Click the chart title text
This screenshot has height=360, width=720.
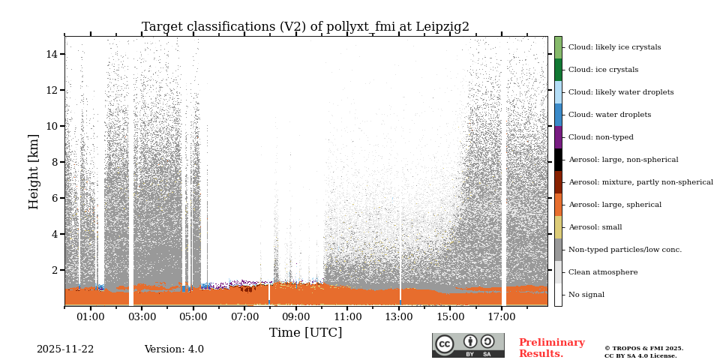pos(305,27)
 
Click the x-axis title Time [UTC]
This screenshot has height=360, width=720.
pos(305,332)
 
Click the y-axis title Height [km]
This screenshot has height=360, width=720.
pos(34,171)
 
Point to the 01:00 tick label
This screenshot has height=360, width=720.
pos(91,317)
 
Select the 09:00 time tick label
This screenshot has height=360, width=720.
pos(295,317)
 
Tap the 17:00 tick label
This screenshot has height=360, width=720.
pos(501,317)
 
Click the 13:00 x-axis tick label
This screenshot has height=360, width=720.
pos(398,317)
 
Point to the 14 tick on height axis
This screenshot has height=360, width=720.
pos(52,54)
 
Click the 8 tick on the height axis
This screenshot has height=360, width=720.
pos(55,162)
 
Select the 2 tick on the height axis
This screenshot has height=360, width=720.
pos(55,270)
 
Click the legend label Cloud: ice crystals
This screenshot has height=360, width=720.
pos(603,70)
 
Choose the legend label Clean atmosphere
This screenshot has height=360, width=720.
pos(603,272)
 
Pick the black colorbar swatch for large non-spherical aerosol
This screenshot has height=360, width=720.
pos(558,160)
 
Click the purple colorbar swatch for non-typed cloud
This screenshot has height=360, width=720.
pos(558,137)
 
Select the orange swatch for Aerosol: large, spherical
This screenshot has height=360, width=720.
pos(558,205)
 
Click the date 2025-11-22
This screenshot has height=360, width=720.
pos(65,349)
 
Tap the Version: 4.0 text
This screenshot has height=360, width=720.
pos(174,349)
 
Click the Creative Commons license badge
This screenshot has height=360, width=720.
pos(468,345)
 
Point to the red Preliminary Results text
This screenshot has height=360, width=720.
pos(551,348)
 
